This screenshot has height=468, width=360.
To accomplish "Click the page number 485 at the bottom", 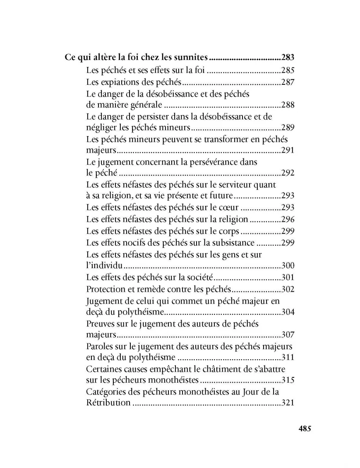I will click(x=305, y=429).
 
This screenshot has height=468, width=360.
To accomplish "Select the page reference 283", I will click(x=288, y=58).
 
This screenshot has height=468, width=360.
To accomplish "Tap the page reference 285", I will click(x=288, y=70).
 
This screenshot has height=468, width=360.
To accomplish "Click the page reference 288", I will click(x=288, y=105).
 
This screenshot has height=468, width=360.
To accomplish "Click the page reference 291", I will click(x=288, y=150).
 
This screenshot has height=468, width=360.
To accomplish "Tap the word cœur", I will click(x=228, y=208).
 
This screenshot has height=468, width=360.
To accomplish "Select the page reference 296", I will click(x=288, y=219).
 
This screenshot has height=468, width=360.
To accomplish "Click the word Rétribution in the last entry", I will click(x=108, y=403).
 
